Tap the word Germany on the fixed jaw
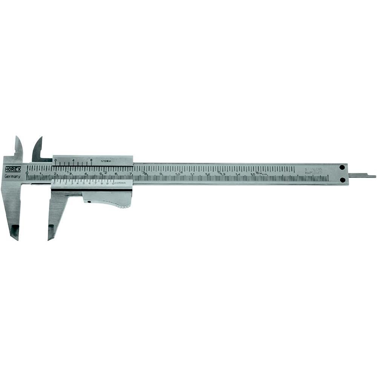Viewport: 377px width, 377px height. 12,176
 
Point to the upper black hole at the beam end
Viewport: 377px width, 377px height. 342,167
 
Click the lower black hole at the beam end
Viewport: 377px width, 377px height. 342,180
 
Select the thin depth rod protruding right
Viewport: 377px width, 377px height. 362,175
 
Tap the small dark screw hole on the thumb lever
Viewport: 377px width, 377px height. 89,202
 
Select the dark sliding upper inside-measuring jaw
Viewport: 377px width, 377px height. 38,149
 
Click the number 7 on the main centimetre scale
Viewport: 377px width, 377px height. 130,173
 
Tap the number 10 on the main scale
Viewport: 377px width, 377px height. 177,174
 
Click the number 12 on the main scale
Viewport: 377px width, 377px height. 207,174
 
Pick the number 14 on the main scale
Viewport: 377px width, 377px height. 237,174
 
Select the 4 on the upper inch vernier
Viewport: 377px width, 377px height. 74,160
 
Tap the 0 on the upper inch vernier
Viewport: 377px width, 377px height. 56,160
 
